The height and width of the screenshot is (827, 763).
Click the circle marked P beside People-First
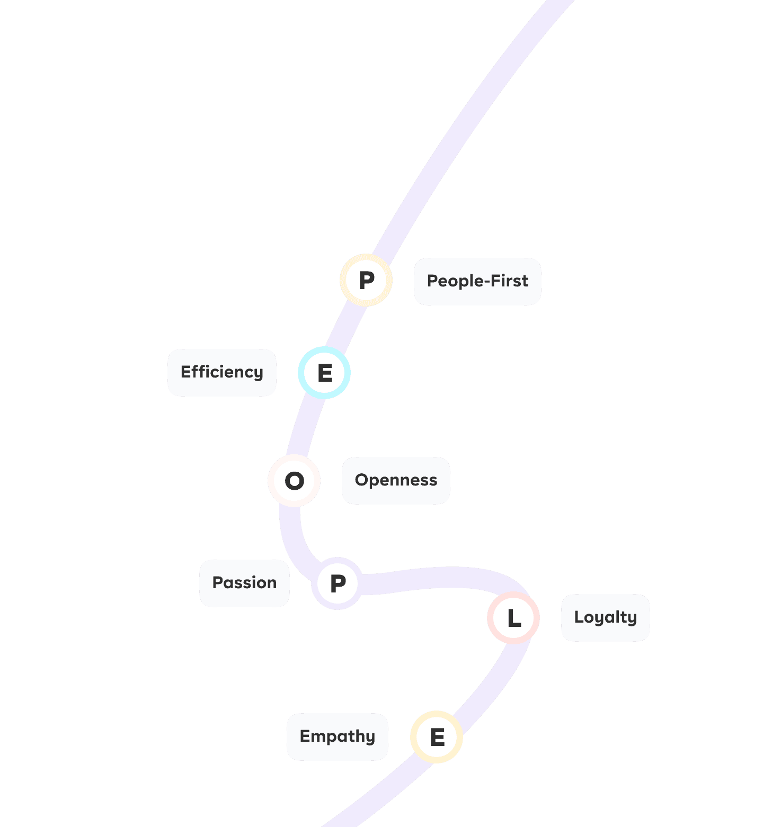(366, 280)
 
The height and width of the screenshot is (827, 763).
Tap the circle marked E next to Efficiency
(324, 373)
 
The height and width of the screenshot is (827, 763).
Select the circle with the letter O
(294, 481)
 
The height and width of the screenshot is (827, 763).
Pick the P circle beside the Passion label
(338, 583)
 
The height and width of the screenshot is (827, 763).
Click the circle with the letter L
(513, 618)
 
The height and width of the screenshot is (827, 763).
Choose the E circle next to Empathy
(437, 737)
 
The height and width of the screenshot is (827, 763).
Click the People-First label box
(477, 281)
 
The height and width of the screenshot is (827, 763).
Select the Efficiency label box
(222, 372)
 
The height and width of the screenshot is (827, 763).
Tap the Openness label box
(396, 480)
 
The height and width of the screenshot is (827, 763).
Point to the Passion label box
(244, 583)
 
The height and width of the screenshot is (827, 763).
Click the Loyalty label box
(605, 617)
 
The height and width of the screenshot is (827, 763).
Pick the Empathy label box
(338, 736)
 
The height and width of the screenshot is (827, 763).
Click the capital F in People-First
(495, 281)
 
